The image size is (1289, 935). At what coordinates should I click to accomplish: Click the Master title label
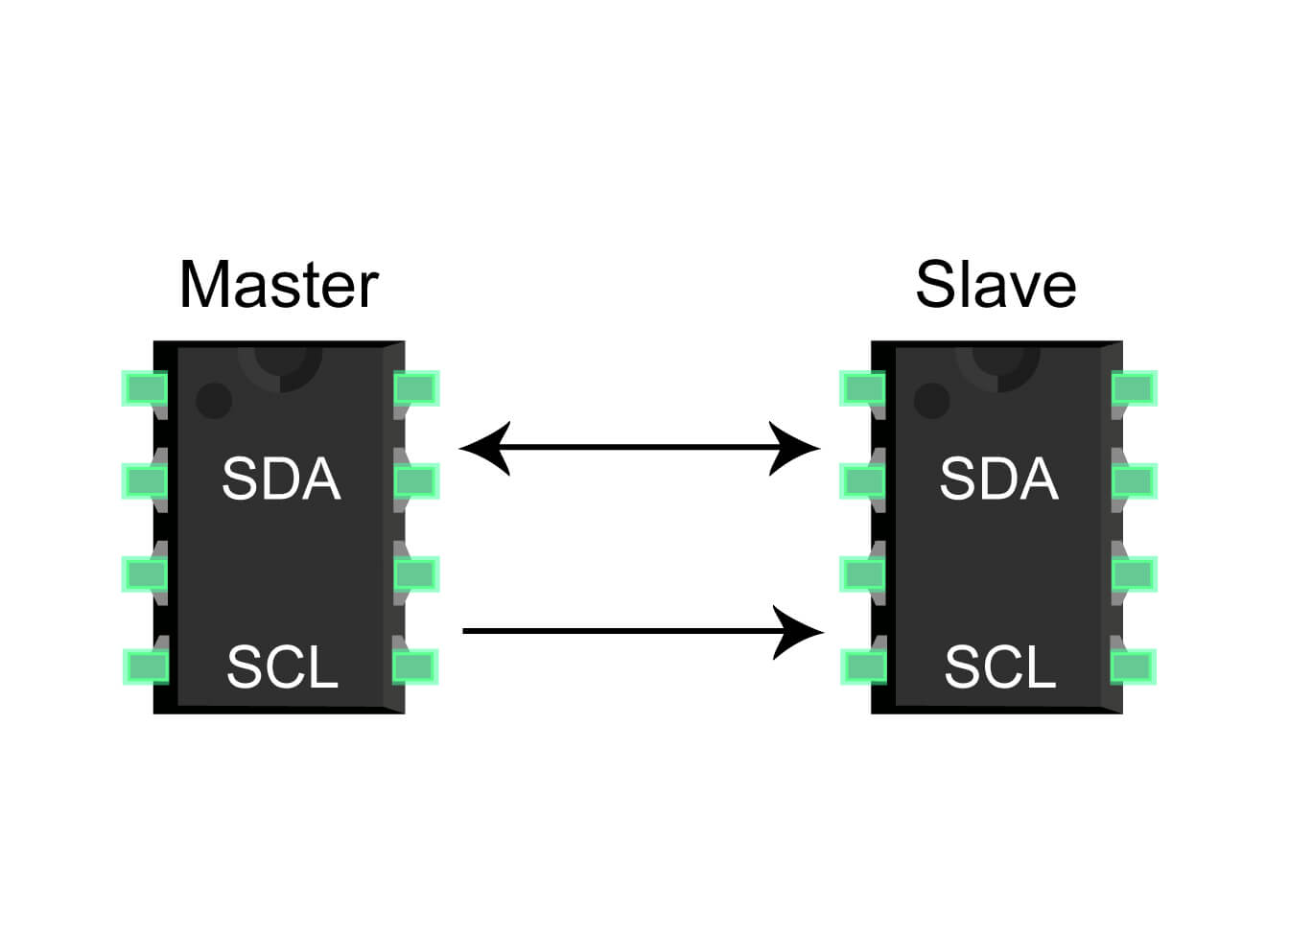[x=279, y=285]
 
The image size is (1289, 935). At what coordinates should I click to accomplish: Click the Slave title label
[x=996, y=285]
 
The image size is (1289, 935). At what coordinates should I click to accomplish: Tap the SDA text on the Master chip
[x=281, y=479]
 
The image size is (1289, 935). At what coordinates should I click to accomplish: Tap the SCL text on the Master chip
[x=282, y=667]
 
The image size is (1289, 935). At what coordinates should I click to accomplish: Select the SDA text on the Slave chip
[x=998, y=479]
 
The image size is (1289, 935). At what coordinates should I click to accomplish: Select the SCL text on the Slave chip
[x=999, y=667]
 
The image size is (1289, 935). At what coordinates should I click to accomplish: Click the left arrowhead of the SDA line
[x=484, y=448]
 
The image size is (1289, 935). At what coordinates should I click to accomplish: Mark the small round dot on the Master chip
[x=214, y=400]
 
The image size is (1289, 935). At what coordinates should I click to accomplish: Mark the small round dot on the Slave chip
[x=931, y=400]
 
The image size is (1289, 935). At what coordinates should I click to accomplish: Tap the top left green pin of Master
[x=145, y=388]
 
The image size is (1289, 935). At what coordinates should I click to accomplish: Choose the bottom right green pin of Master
[x=416, y=666]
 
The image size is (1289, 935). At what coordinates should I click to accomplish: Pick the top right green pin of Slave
[x=1134, y=388]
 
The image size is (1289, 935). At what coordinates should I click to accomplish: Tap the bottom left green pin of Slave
[x=862, y=666]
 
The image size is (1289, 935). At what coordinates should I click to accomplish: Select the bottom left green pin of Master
[x=145, y=666]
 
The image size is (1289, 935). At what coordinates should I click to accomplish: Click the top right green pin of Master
[x=416, y=388]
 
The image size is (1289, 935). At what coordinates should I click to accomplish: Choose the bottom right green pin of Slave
[x=1134, y=666]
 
